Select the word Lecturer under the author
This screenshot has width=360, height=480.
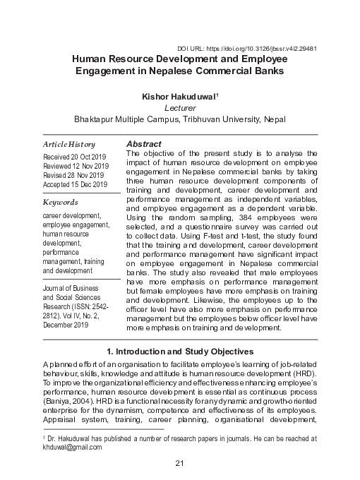(179, 107)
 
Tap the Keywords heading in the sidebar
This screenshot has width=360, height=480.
(61, 202)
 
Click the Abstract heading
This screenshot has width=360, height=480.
(144, 143)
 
